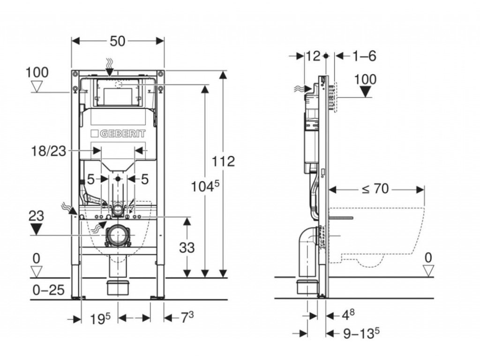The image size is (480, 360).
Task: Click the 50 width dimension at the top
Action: pyautogui.click(x=118, y=41)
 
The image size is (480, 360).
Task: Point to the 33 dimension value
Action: pyautogui.click(x=187, y=247)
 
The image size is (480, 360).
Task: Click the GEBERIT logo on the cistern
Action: pyautogui.click(x=118, y=133)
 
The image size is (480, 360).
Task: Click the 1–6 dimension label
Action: pyautogui.click(x=364, y=56)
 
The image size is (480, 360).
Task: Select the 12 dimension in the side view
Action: pyautogui.click(x=313, y=56)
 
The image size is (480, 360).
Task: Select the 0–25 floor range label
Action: pyautogui.click(x=48, y=290)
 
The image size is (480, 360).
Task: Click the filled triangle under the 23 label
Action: pyautogui.click(x=37, y=229)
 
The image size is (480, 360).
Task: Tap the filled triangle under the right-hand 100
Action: pyautogui.click(x=365, y=91)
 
